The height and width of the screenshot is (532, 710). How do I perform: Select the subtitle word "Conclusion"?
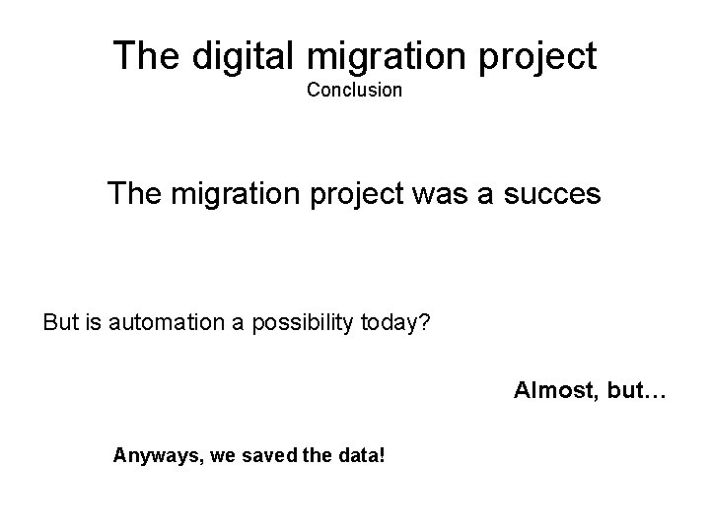[x=354, y=91]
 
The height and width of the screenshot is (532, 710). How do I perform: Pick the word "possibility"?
[x=305, y=322]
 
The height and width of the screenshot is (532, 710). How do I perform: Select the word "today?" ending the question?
[x=396, y=322]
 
